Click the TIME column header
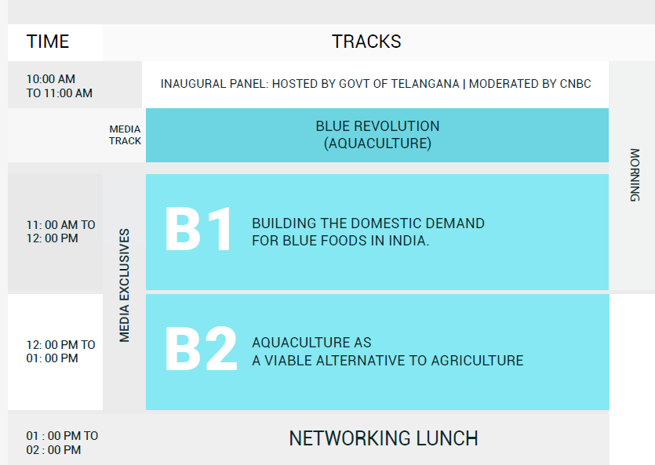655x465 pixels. (x=48, y=42)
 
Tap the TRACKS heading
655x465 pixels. (x=366, y=42)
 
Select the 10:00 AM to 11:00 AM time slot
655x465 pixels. (x=60, y=86)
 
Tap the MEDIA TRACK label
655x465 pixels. (x=125, y=135)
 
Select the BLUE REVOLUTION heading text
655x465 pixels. (x=377, y=126)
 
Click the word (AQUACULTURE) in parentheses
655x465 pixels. (x=377, y=143)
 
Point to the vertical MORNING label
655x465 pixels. (x=635, y=175)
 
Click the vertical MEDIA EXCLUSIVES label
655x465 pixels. (x=124, y=285)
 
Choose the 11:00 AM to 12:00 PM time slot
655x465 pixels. (x=60, y=231)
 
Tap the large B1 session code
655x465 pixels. (x=198, y=229)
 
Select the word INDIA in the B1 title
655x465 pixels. (x=409, y=241)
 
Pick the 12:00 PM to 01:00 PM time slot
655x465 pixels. (x=60, y=351)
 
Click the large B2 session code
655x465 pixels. (x=202, y=349)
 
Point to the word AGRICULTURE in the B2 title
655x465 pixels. (x=477, y=361)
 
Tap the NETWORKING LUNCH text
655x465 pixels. (x=384, y=438)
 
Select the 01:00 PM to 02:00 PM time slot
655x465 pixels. (x=62, y=443)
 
